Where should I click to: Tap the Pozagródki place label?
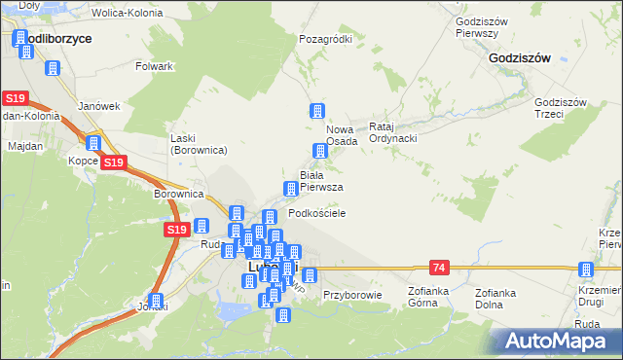[325, 40]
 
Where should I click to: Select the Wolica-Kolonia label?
[126, 15]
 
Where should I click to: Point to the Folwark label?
[155, 66]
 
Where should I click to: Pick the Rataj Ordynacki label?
[393, 132]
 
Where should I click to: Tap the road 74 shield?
[440, 267]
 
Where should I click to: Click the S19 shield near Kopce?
[114, 162]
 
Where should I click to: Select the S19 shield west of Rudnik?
[175, 230]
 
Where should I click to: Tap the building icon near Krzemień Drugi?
[585, 270]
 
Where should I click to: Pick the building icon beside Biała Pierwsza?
[290, 188]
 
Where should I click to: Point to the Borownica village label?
[177, 194]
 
